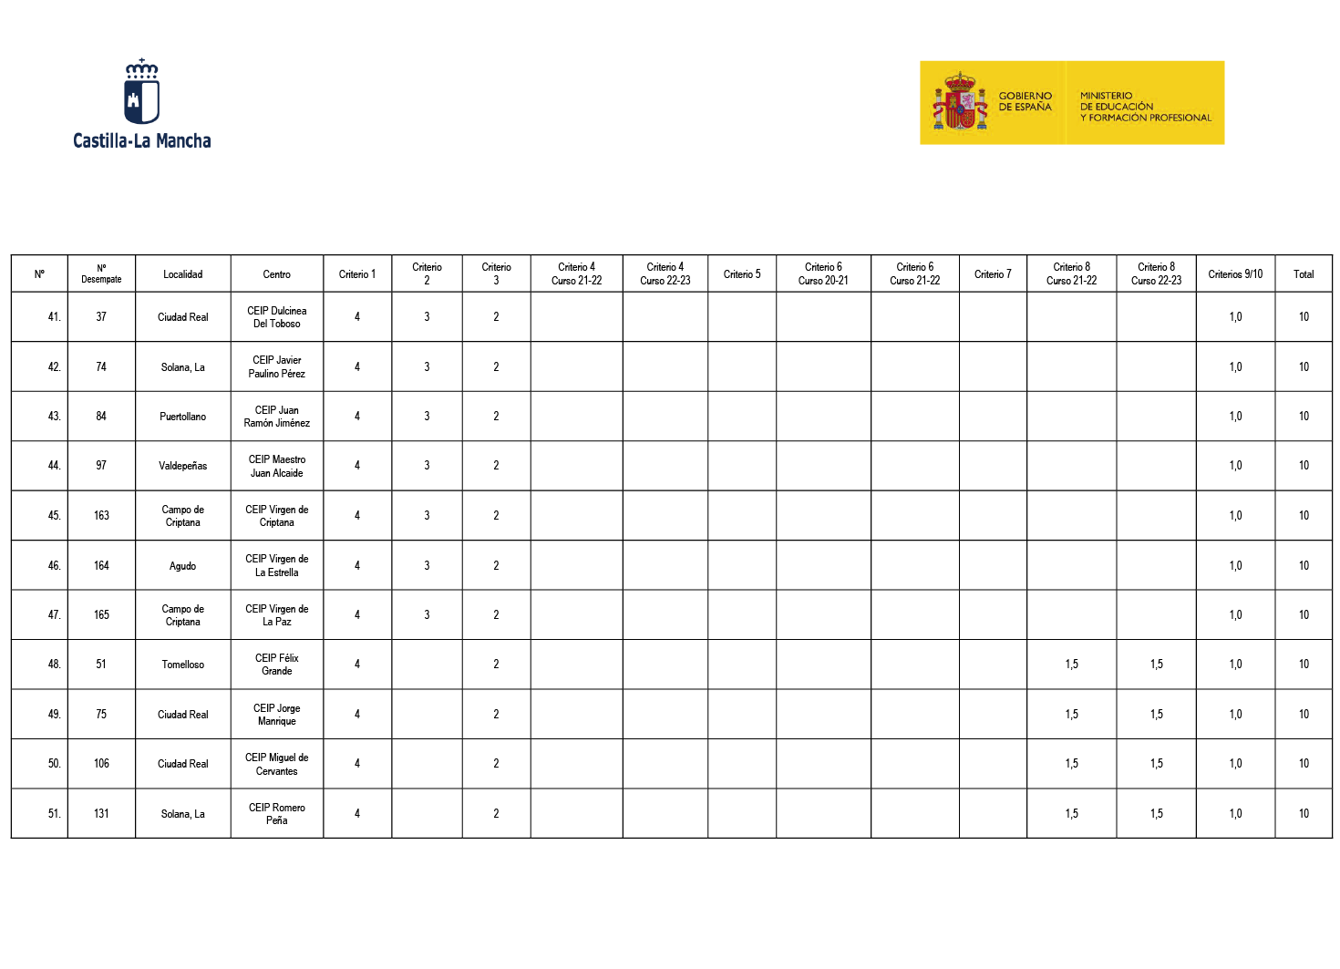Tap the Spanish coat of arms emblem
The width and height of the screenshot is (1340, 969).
pos(960,102)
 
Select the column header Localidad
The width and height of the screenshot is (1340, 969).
pos(182,274)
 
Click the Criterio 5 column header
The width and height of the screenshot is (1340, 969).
pos(742,274)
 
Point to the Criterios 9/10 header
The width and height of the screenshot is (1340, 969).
pos(1235,274)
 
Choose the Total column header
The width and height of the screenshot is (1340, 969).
pos(1304,274)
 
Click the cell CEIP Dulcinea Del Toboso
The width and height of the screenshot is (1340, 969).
pos(277,317)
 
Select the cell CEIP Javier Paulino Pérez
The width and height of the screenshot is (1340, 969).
pos(277,367)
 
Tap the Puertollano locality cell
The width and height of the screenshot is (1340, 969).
pos(182,417)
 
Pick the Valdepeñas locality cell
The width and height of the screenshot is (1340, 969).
pos(182,466)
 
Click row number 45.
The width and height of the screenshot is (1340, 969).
pos(55,516)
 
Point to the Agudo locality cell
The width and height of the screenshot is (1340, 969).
pos(182,566)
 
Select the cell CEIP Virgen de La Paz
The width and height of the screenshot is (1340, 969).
pos(277,615)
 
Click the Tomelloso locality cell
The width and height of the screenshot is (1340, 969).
pos(182,665)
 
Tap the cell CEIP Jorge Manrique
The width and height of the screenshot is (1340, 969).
pos(277,715)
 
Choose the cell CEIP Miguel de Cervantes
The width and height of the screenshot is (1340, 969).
pos(277,764)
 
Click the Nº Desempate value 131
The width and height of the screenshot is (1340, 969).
pos(101,814)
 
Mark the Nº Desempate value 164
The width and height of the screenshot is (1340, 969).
pos(101,566)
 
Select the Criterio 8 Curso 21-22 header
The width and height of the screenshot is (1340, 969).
pos(1071,274)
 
